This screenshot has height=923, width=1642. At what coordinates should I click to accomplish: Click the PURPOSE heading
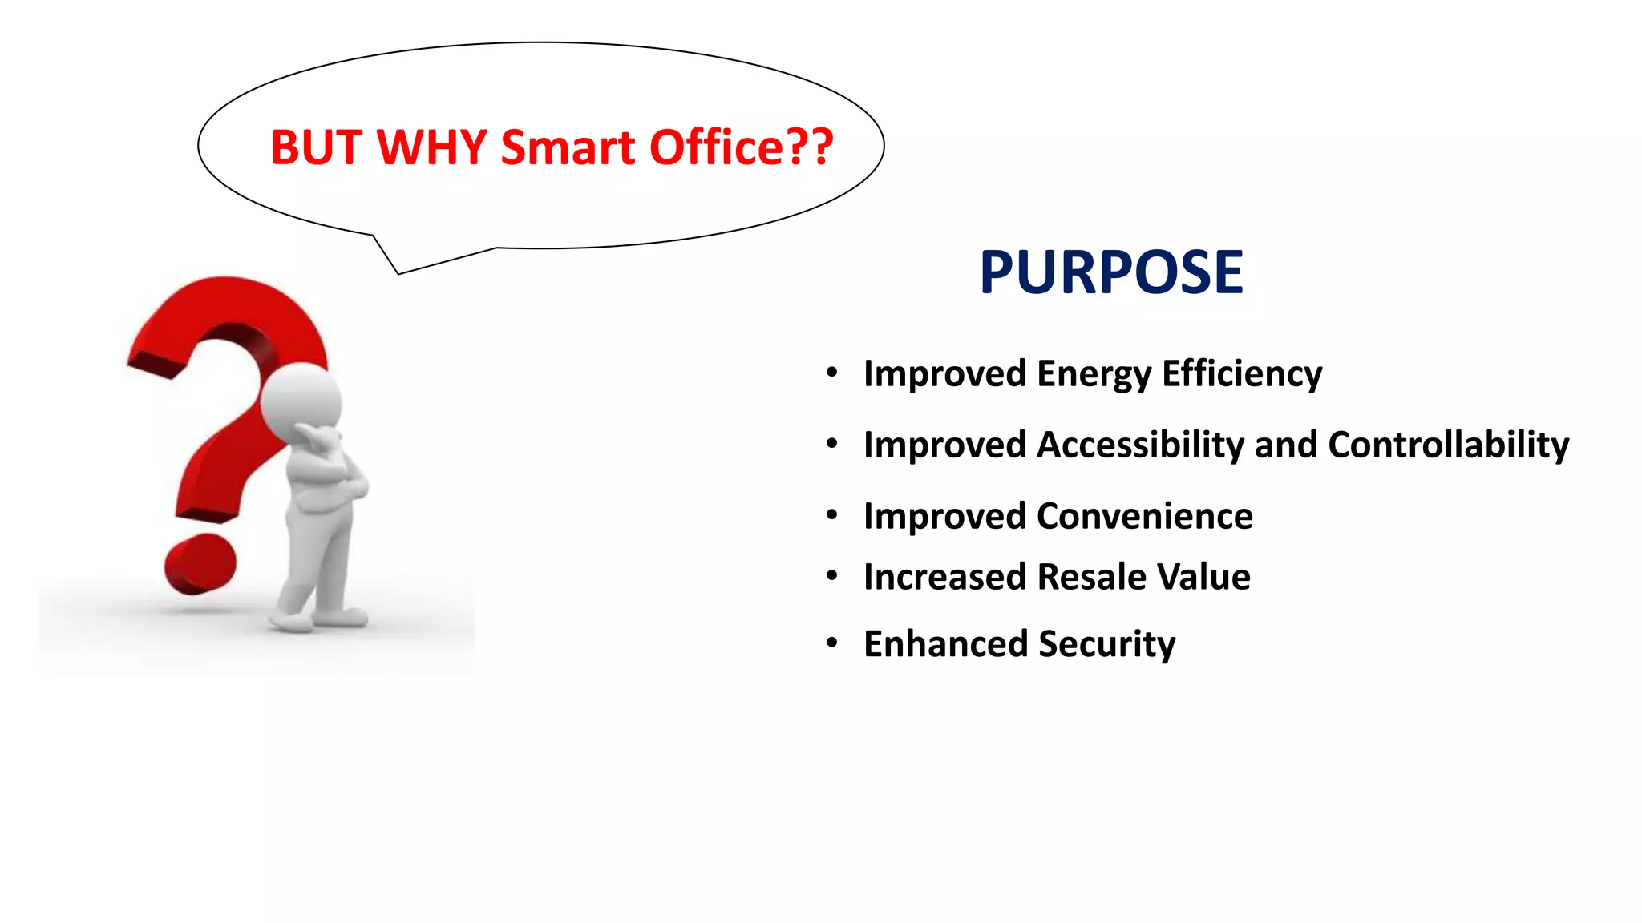1110,272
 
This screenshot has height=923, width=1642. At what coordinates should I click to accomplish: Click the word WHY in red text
431,148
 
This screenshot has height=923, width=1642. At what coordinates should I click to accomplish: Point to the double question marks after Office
808,148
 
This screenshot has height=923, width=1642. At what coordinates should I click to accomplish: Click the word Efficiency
1242,374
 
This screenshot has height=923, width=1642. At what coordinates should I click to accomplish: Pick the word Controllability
1448,445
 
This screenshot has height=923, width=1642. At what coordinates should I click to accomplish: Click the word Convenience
1144,516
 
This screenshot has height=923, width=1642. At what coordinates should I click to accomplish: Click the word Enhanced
944,644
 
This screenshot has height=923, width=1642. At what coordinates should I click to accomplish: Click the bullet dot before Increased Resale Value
832,575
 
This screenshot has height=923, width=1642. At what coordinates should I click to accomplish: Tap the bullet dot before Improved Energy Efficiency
832,373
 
